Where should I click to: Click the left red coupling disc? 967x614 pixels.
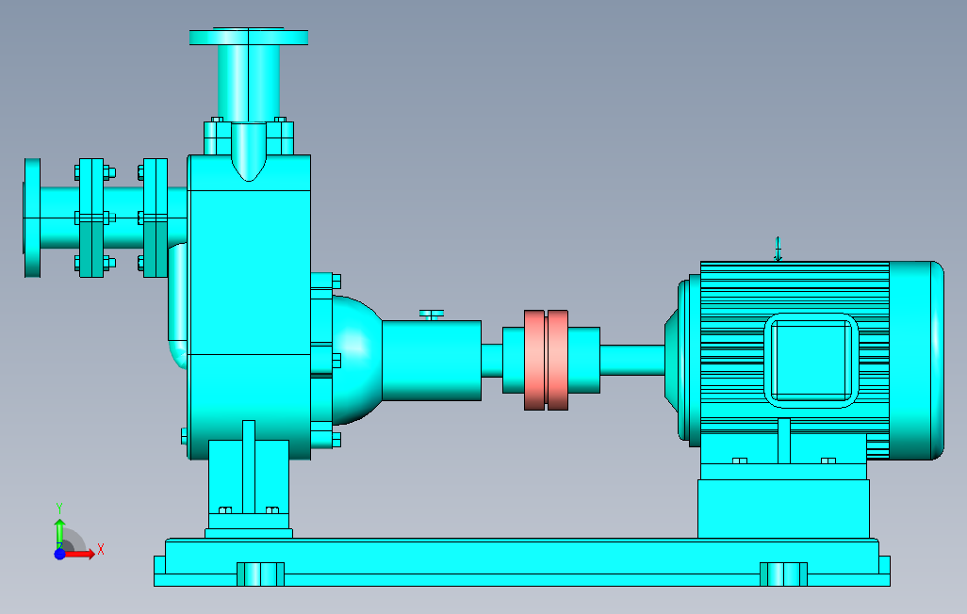pos(534,360)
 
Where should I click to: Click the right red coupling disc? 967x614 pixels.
pos(558,360)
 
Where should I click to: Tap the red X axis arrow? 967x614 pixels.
pos(79,555)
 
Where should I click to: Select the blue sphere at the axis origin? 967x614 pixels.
pos(59,554)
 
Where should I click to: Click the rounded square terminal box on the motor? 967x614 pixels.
pos(811,361)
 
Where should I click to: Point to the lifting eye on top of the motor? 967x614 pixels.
pos(779,249)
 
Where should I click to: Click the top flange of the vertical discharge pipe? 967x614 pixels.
pos(249,37)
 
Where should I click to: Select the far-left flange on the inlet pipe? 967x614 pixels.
pos(33,218)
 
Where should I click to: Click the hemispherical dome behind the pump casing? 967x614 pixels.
pos(356,361)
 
